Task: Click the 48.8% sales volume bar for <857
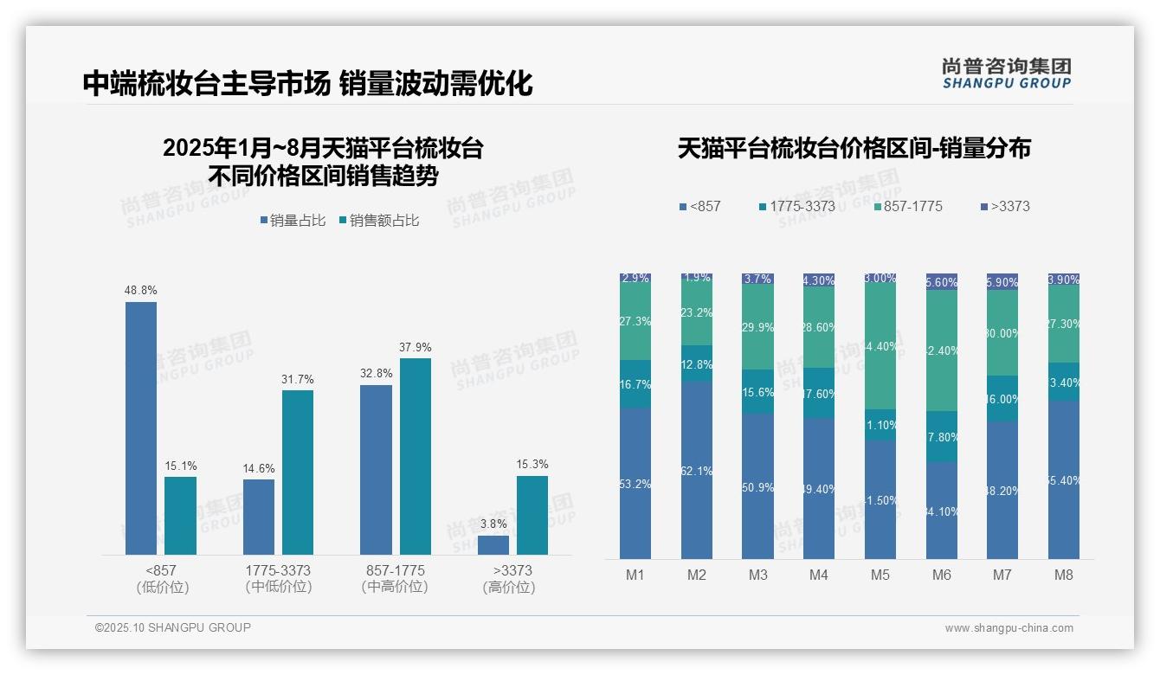pyautogui.click(x=141, y=428)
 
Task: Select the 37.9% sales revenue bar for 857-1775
pyautogui.click(x=416, y=456)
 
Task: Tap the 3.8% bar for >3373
pyautogui.click(x=493, y=545)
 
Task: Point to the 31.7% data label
pyautogui.click(x=297, y=380)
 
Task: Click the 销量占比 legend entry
pyautogui.click(x=293, y=221)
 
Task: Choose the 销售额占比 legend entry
pyautogui.click(x=379, y=221)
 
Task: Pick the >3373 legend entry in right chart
pyautogui.click(x=1005, y=207)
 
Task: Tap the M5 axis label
pyautogui.click(x=880, y=575)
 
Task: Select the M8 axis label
pyautogui.click(x=1064, y=575)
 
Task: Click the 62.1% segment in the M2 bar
pyautogui.click(x=697, y=470)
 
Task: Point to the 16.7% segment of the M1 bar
pyautogui.click(x=635, y=384)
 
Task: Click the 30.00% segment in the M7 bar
pyautogui.click(x=1002, y=333)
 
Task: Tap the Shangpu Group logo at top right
pyautogui.click(x=1007, y=73)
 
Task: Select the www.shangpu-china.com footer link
pyautogui.click(x=1009, y=628)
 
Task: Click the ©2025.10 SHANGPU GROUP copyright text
pyautogui.click(x=173, y=627)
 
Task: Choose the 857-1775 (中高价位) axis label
pyautogui.click(x=395, y=579)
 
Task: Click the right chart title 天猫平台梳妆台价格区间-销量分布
pyautogui.click(x=854, y=148)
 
